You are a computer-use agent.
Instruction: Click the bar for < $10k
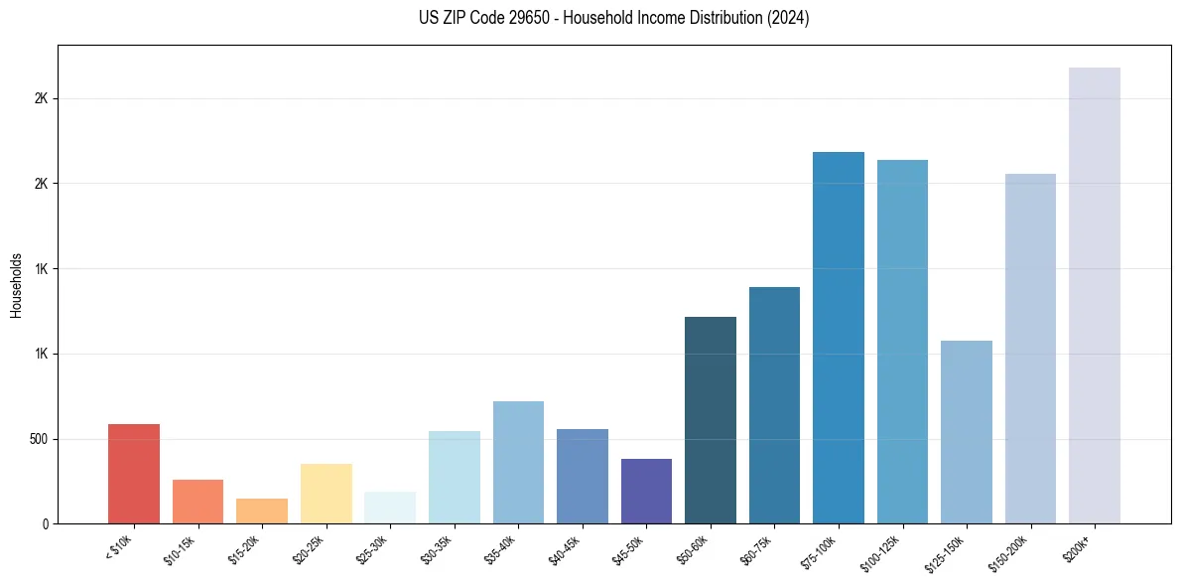134,474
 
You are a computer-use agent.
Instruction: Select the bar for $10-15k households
197,502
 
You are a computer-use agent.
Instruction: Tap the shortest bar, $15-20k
262,511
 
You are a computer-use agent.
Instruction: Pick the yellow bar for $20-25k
327,494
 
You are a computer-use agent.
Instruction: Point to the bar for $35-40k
518,462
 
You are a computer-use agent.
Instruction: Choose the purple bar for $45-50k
646,491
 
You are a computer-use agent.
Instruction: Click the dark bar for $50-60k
711,420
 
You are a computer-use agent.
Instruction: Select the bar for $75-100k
839,338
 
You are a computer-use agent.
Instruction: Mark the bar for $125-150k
967,432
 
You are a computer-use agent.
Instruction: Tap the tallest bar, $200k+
1095,295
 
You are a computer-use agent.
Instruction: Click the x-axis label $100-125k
882,551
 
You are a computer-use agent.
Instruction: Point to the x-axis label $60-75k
757,549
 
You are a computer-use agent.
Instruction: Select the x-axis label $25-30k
372,549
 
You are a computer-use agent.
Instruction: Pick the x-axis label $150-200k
1010,551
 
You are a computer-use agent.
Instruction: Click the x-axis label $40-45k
565,549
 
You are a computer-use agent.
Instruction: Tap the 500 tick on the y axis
38,439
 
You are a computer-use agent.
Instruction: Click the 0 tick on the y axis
46,523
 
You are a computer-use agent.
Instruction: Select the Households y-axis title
17,285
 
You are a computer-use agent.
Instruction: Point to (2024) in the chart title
790,18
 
